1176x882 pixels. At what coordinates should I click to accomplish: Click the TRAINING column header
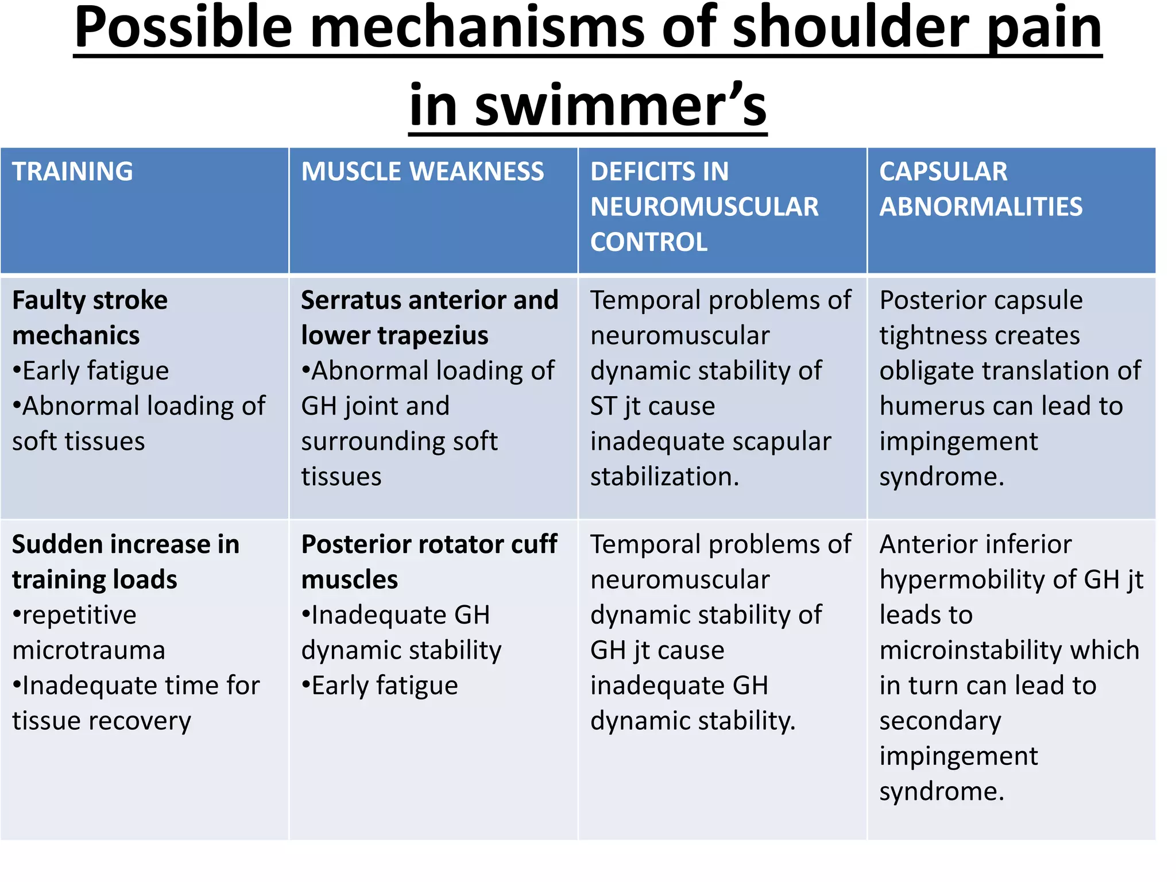[x=72, y=172]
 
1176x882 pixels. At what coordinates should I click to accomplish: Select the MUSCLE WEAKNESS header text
[x=423, y=172]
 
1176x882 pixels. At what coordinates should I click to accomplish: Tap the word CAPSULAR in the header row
[x=943, y=172]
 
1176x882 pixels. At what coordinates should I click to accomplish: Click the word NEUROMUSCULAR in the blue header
[x=705, y=207]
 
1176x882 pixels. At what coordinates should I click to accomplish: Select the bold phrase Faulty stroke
[x=90, y=300]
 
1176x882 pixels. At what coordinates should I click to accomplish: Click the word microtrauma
[x=89, y=650]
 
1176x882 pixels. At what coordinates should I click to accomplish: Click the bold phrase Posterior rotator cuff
[x=429, y=544]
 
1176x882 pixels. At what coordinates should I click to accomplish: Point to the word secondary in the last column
[x=940, y=721]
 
